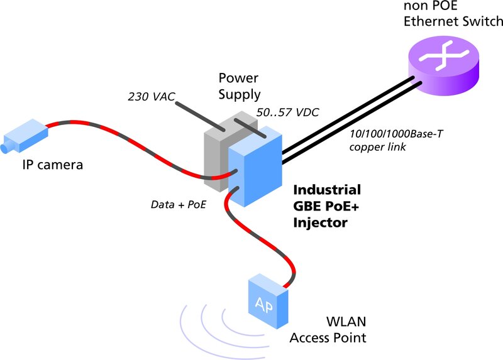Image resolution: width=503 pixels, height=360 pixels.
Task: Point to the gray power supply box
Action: click(217, 154)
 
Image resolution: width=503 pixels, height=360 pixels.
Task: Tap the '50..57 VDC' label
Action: click(288, 113)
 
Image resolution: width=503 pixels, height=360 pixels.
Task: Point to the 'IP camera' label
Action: click(53, 165)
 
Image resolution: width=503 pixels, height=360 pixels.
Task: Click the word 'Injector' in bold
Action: click(320, 222)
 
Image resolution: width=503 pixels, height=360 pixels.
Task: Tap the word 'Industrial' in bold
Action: click(328, 190)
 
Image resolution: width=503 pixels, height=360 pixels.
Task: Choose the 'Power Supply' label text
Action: click(239, 87)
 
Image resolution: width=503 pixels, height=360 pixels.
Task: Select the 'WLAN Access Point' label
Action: click(327, 330)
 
